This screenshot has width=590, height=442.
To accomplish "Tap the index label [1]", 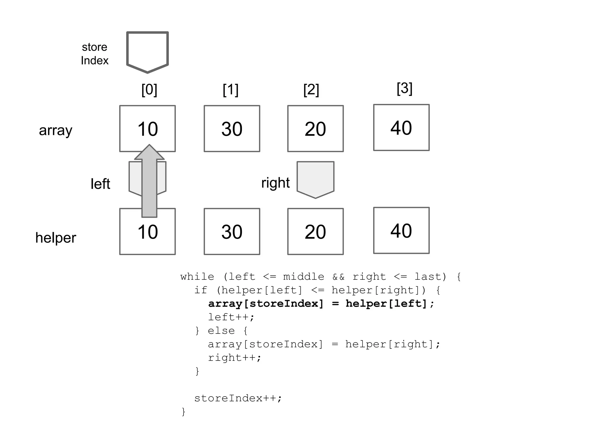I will pyautogui.click(x=230, y=90).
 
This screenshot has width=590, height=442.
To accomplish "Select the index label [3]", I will pyautogui.click(x=404, y=88).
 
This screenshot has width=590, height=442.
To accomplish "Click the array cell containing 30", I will pyautogui.click(x=232, y=129).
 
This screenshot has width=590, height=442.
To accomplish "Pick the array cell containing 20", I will pyautogui.click(x=315, y=129).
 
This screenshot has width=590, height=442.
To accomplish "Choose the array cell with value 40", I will pyautogui.click(x=401, y=127).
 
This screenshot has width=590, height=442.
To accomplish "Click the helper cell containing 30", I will pyautogui.click(x=232, y=232).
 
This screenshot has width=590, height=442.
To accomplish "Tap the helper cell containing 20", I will pyautogui.click(x=315, y=232).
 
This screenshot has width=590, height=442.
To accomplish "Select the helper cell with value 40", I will pyautogui.click(x=401, y=230).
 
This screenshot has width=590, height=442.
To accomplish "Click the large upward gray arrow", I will pyautogui.click(x=149, y=184).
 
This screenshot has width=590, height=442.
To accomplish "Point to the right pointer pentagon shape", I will pyautogui.click(x=315, y=178).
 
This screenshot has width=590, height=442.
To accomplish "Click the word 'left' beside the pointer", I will pyautogui.click(x=100, y=184).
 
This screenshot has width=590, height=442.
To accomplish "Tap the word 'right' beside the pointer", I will pyautogui.click(x=275, y=183).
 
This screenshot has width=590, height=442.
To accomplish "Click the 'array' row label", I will pyautogui.click(x=56, y=130).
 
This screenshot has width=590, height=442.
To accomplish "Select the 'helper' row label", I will pyautogui.click(x=56, y=238).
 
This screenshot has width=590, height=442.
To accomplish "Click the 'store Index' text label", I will pyautogui.click(x=94, y=54).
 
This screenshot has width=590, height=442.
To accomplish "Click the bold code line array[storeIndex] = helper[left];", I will pyautogui.click(x=321, y=304).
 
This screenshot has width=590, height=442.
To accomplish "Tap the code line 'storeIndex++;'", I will pyautogui.click(x=238, y=398).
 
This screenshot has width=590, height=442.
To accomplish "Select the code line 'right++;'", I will pyautogui.click(x=235, y=358).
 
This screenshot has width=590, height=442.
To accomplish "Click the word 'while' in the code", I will pyautogui.click(x=197, y=277).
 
